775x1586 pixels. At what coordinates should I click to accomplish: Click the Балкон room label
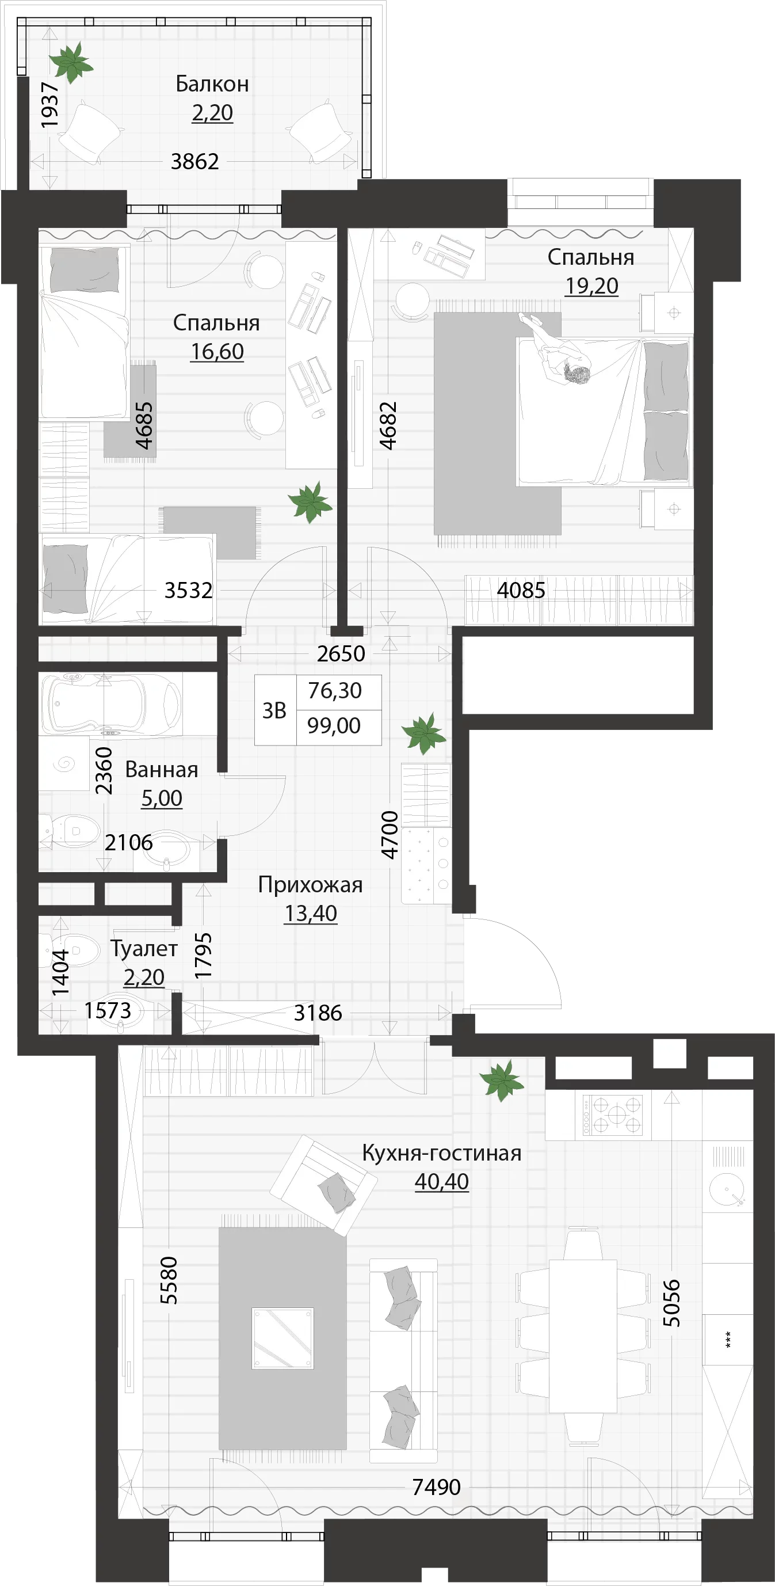click(x=212, y=83)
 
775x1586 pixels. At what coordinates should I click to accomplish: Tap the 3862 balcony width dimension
click(x=194, y=161)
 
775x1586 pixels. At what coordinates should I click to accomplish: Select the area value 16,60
click(x=217, y=352)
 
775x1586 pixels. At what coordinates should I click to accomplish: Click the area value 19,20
click(x=591, y=286)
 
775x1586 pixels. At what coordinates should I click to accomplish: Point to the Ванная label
click(x=161, y=770)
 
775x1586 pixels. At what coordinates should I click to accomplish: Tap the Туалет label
click(x=144, y=949)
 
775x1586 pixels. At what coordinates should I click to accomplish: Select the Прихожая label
click(x=310, y=885)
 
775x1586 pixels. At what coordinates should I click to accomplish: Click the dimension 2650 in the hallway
click(x=341, y=653)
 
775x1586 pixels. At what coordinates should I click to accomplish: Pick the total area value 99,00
click(x=334, y=725)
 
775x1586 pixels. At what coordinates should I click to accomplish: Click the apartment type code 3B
click(x=274, y=710)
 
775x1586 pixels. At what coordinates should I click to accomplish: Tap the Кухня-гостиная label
click(x=441, y=1153)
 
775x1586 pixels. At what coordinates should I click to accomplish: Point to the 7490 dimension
click(x=437, y=1487)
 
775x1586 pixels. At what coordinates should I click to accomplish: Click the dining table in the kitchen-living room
click(x=582, y=1336)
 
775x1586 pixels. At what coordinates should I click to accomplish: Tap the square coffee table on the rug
click(x=282, y=1338)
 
